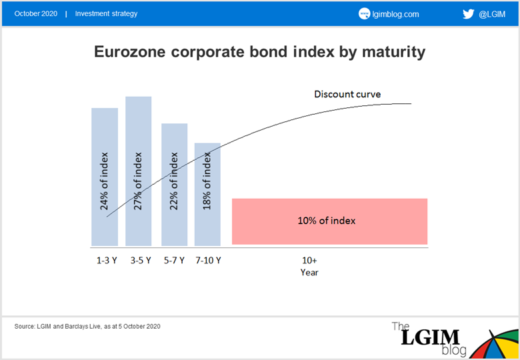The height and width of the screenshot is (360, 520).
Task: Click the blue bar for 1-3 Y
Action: pyautogui.click(x=105, y=177)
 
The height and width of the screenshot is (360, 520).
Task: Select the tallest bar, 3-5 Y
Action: pyautogui.click(x=138, y=171)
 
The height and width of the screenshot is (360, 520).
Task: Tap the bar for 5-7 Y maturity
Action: pyautogui.click(x=175, y=185)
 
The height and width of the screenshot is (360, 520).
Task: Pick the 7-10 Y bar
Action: pyautogui.click(x=207, y=194)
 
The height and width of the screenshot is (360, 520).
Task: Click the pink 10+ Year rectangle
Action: pyautogui.click(x=329, y=221)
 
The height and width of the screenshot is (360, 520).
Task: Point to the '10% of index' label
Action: pyautogui.click(x=326, y=221)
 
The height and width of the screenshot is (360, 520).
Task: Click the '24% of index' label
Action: pyautogui.click(x=104, y=181)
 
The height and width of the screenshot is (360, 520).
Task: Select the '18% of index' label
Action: pyautogui.click(x=207, y=181)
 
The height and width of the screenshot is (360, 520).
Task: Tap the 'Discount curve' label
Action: pyautogui.click(x=347, y=94)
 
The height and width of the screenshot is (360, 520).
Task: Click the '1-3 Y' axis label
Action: pyautogui.click(x=107, y=261)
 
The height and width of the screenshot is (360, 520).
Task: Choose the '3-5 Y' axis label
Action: pyautogui.click(x=141, y=261)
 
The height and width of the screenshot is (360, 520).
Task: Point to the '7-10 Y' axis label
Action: pyautogui.click(x=208, y=261)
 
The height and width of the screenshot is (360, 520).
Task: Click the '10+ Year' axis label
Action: pyautogui.click(x=309, y=266)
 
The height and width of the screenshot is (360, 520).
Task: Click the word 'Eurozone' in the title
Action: pyautogui.click(x=130, y=52)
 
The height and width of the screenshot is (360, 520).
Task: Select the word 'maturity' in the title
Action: pyautogui.click(x=393, y=53)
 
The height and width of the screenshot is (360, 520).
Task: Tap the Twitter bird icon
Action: pyautogui.click(x=468, y=14)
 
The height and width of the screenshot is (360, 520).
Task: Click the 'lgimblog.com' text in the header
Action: pyautogui.click(x=395, y=14)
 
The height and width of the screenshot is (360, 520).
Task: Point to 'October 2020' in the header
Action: pyautogui.click(x=36, y=13)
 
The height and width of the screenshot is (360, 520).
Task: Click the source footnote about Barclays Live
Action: pyautogui.click(x=87, y=326)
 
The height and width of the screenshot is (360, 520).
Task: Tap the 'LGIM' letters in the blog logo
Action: pyautogui.click(x=430, y=337)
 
